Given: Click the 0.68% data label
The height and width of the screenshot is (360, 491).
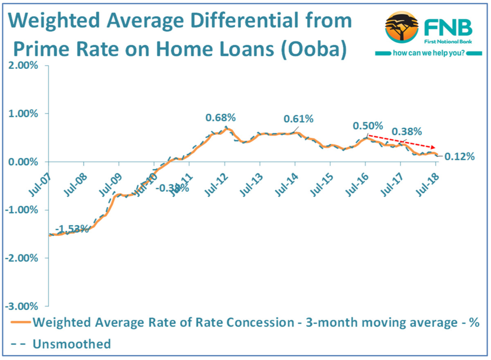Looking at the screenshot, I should pyautogui.click(x=220, y=118).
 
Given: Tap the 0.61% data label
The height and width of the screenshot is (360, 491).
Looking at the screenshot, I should pyautogui.click(x=298, y=119).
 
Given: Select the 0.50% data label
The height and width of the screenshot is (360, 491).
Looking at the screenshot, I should pyautogui.click(x=368, y=126).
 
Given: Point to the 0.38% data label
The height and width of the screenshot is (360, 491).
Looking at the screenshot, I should pyautogui.click(x=407, y=131).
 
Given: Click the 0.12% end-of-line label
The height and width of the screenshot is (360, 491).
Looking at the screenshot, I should pyautogui.click(x=459, y=157).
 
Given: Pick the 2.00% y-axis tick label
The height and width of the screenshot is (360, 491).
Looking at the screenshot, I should pyautogui.click(x=23, y=65).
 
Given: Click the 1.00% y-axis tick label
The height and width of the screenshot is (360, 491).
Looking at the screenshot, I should pyautogui.click(x=23, y=113).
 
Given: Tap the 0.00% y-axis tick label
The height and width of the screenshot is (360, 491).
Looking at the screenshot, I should pyautogui.click(x=23, y=162).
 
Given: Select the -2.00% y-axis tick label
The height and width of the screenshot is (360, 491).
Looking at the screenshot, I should pyautogui.click(x=22, y=258).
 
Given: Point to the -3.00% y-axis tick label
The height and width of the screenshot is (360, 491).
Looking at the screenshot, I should pyautogui.click(x=22, y=306).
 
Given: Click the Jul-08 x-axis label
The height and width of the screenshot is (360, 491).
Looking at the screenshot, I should pyautogui.click(x=75, y=185).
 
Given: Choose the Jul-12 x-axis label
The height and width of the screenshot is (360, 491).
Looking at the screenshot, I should pyautogui.click(x=216, y=185).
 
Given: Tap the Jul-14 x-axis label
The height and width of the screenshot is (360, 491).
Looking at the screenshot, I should pyautogui.click(x=287, y=185).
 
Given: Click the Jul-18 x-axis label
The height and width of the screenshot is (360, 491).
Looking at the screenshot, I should pyautogui.click(x=428, y=185).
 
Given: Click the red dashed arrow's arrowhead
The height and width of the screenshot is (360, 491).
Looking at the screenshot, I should pyautogui.click(x=433, y=147).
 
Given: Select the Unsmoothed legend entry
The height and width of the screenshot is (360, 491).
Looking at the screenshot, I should pyautogui.click(x=72, y=344).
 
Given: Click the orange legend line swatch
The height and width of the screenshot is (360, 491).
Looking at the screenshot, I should pyautogui.click(x=21, y=322).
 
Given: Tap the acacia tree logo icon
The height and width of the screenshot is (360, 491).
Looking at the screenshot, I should pyautogui.click(x=402, y=27).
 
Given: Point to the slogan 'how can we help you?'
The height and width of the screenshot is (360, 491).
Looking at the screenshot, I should pyautogui.click(x=429, y=53).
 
